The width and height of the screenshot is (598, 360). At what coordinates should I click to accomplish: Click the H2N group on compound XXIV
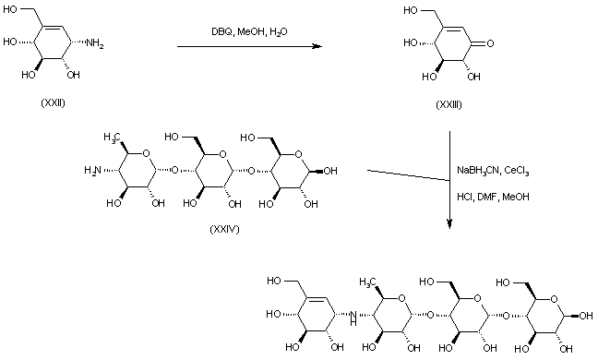(91, 168)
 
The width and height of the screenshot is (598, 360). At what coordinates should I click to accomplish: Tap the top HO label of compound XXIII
(415, 11)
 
